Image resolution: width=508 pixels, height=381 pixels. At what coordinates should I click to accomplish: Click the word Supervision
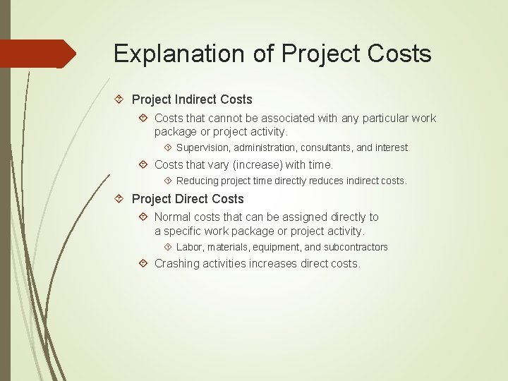click(x=202, y=147)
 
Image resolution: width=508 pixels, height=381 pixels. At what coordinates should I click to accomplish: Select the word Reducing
click(x=198, y=181)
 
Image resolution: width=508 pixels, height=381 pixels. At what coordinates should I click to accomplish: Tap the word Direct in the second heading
click(x=189, y=199)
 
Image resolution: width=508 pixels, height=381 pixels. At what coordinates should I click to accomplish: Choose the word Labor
click(x=189, y=247)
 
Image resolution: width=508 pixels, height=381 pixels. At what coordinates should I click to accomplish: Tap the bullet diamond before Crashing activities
click(x=143, y=263)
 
